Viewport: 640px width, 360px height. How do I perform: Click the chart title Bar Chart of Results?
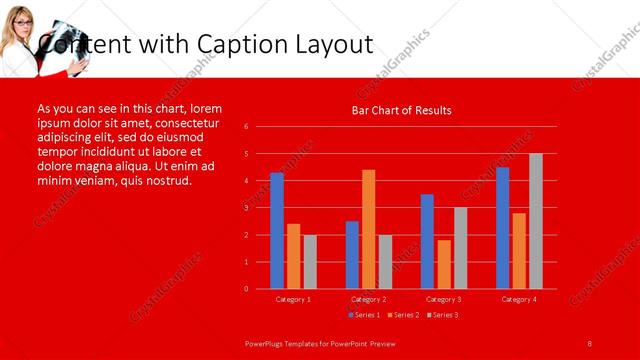(401, 110)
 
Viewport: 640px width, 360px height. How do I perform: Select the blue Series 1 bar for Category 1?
(277, 231)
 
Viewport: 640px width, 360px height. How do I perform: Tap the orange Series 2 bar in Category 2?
(369, 229)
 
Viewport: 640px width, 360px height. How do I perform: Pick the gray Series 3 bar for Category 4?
(536, 221)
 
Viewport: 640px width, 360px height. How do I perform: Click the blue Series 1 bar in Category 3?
(427, 241)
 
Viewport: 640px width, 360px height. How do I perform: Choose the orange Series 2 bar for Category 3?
(444, 264)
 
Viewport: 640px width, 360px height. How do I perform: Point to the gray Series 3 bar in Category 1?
(310, 262)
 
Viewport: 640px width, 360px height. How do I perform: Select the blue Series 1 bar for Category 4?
(502, 228)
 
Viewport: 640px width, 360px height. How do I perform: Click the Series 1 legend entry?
(366, 315)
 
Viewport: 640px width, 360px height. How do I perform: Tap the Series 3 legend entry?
(443, 315)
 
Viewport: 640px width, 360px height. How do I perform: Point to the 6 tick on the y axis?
(246, 127)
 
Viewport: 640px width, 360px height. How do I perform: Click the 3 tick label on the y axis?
(246, 208)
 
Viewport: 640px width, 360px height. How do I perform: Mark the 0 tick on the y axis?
(246, 289)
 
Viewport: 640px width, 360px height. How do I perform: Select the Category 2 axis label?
(369, 299)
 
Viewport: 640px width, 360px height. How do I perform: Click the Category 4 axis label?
(519, 299)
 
